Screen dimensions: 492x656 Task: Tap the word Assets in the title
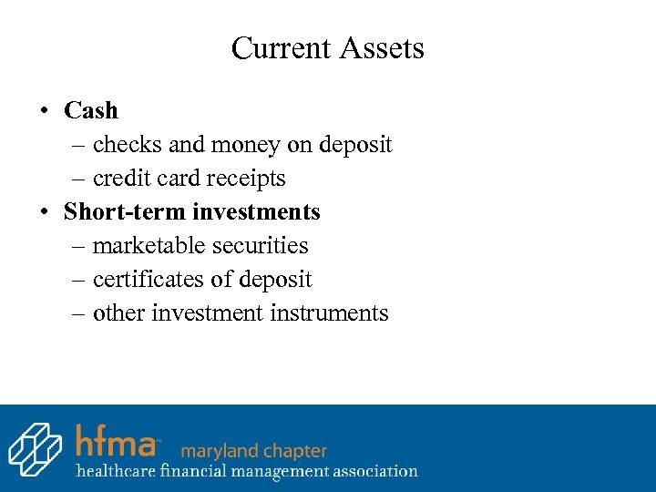pos(384,47)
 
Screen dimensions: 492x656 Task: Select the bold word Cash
pos(91,110)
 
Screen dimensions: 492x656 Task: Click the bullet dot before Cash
pos(44,111)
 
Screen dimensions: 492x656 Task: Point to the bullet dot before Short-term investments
pos(44,212)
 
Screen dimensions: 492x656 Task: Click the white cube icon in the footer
pos(36,449)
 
